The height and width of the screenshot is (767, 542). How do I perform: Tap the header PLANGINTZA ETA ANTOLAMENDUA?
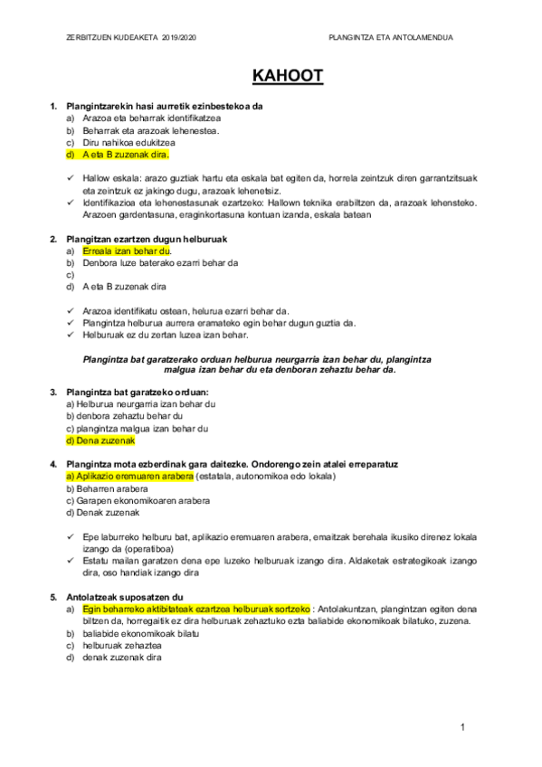[x=394, y=37]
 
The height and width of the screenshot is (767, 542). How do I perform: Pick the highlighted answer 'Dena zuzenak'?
[x=100, y=440]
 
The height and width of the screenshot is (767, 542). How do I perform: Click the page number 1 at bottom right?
[x=462, y=726]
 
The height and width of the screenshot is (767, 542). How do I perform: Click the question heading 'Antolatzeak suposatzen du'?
[x=125, y=597]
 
